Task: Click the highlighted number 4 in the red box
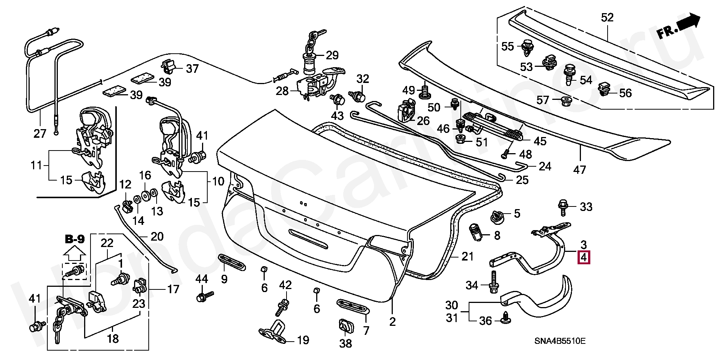coord(584,258)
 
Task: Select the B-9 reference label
coord(74,239)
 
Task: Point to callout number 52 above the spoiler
coord(607,17)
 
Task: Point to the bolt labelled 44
coord(204,297)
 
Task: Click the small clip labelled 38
coord(345,326)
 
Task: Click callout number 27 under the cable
coord(40,134)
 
